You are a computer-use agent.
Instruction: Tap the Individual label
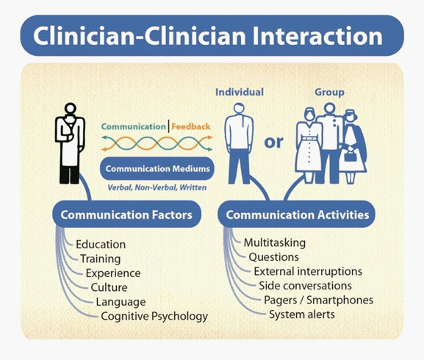coord(240,92)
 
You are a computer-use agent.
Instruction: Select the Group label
coord(329,93)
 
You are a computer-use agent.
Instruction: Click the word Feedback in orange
coord(191,126)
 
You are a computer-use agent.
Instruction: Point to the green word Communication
coord(133,126)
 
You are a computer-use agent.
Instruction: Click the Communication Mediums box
coord(157,168)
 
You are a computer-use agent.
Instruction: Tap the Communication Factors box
coord(126,215)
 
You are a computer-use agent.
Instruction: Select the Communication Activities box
coord(297,215)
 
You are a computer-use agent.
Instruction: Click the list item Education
coord(101,245)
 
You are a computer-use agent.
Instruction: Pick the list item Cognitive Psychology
coord(154,316)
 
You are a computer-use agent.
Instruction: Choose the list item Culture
coord(109,287)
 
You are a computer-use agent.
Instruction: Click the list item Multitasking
coord(275,242)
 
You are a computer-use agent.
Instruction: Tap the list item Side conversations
coord(305,286)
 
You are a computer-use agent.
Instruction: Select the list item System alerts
coord(302,314)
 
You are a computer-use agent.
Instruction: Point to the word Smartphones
coord(340,300)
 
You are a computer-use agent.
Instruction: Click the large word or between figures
coord(273,143)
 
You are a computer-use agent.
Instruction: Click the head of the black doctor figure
coord(71,109)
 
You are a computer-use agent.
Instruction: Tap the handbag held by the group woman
coord(350,156)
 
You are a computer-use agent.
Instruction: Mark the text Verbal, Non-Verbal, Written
coord(157,187)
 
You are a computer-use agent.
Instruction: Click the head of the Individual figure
coord(239,108)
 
